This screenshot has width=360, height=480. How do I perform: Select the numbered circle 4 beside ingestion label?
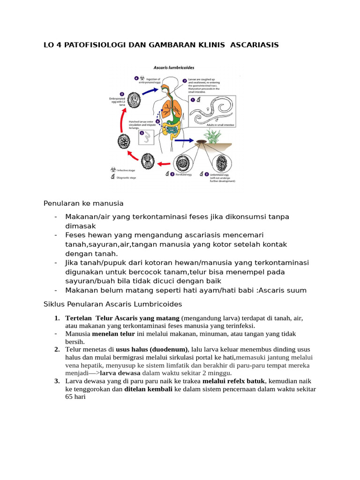136,78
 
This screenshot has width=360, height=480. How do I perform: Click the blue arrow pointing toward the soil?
186,140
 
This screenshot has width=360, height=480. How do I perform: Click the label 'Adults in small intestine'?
220,126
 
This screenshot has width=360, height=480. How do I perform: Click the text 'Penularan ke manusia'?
83,203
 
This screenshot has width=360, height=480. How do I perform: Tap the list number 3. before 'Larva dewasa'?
57,381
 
